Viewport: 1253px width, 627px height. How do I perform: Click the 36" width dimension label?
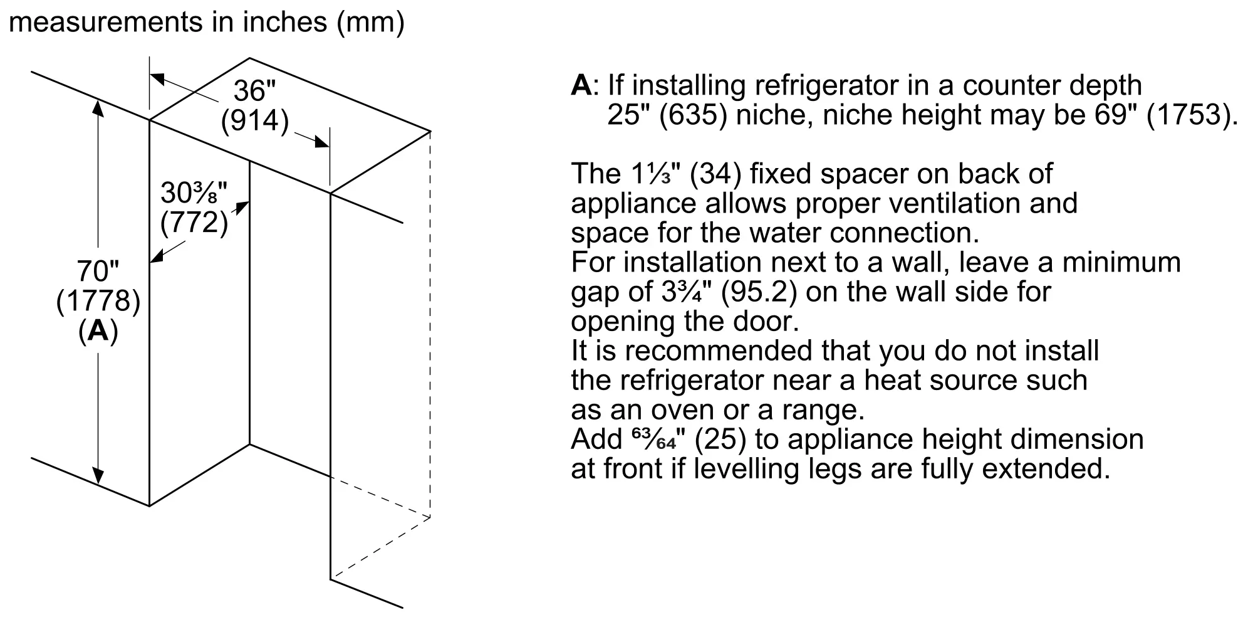254,92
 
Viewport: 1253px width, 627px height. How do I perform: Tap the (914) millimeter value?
254,121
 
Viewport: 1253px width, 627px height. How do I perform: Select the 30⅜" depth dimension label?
194,193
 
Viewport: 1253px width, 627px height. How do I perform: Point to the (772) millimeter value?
194,223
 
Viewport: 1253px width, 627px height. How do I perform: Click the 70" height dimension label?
98,272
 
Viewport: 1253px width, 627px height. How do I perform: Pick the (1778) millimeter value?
98,302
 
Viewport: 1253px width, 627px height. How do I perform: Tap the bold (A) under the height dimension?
98,331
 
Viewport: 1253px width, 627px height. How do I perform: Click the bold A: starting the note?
581,86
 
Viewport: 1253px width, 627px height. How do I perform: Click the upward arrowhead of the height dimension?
98,108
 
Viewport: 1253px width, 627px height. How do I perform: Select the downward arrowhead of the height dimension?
98,477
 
